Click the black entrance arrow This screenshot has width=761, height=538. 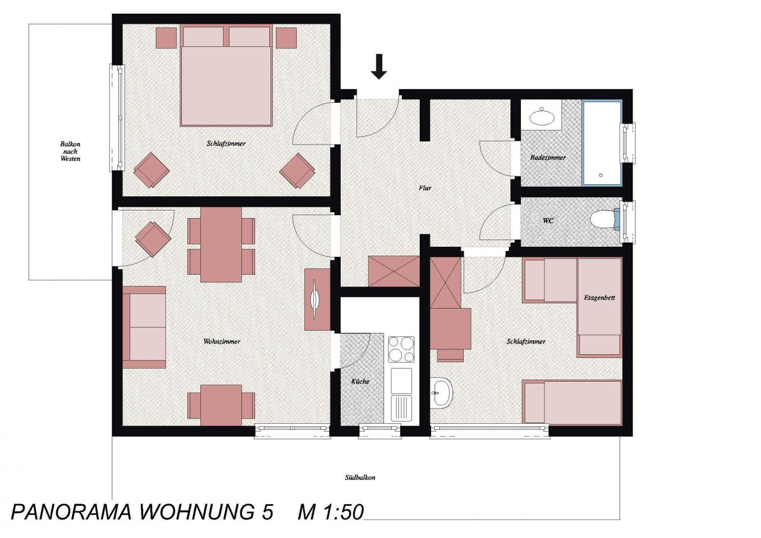(379, 67)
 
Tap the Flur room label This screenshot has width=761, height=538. (425, 188)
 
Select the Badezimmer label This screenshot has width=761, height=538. (548, 158)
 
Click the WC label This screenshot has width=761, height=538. (548, 221)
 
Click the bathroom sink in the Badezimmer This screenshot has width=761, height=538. (542, 117)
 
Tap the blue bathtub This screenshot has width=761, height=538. (602, 143)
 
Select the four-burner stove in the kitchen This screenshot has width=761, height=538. (401, 349)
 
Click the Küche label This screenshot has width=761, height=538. (360, 382)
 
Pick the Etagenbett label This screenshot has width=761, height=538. (599, 298)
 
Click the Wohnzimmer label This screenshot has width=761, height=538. (222, 341)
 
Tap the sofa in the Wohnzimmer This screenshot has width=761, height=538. (144, 327)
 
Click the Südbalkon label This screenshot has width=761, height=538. (360, 477)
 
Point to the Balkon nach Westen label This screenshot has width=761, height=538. (70, 152)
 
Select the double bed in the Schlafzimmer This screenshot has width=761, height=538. (227, 75)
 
